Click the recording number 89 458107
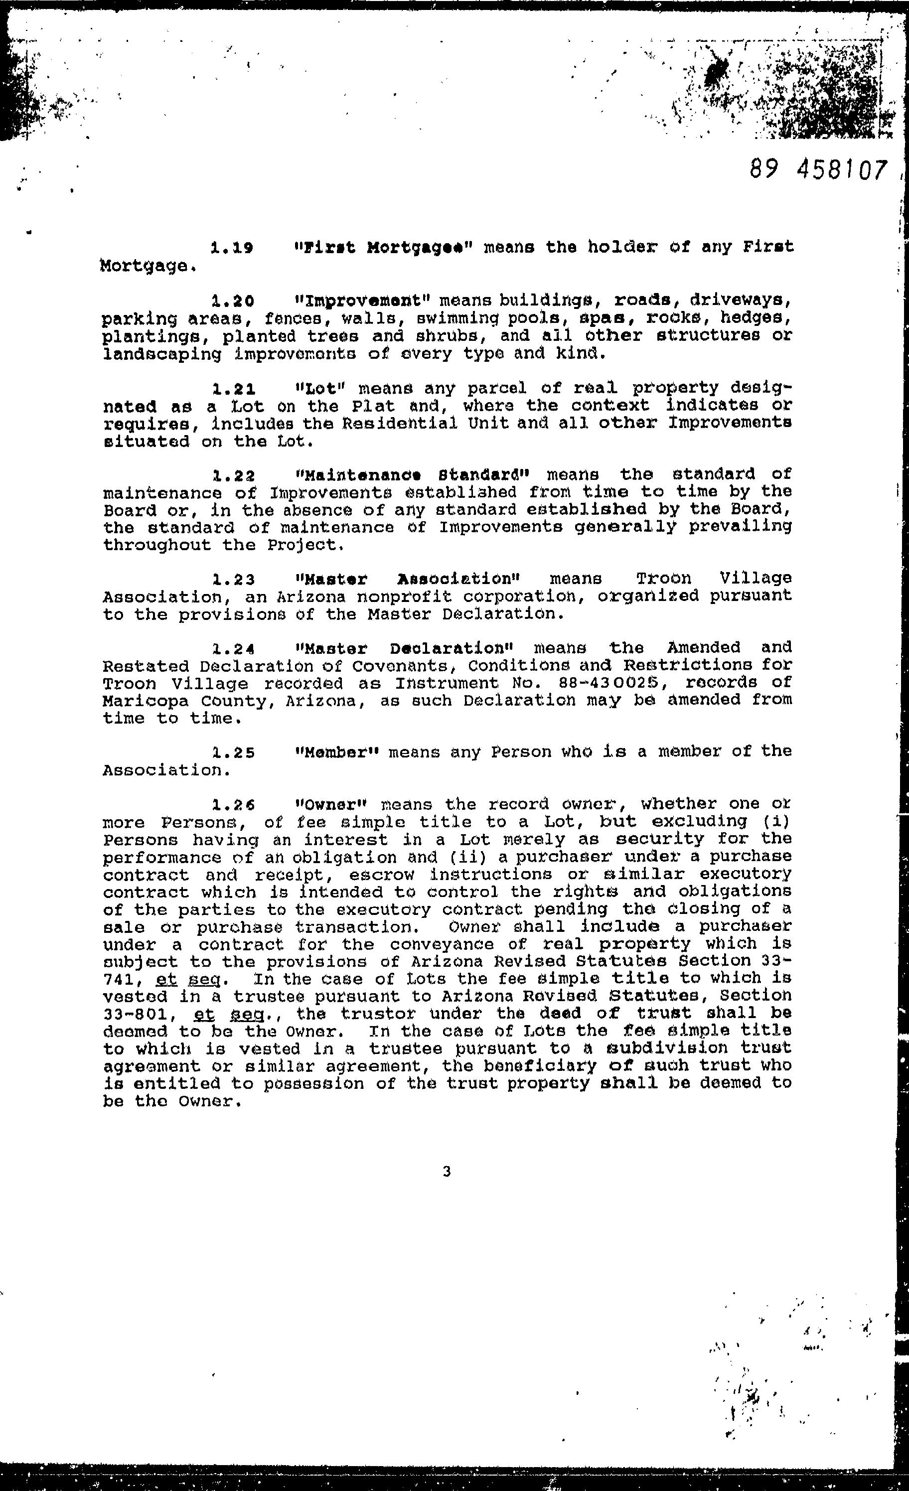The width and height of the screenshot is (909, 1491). (818, 169)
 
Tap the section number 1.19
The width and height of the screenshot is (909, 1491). (232, 248)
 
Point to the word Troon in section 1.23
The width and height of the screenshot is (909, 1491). (664, 579)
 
